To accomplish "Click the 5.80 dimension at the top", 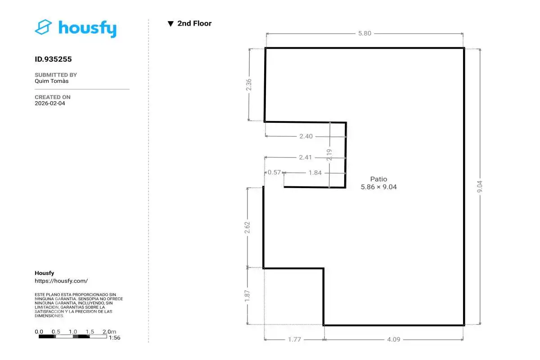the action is point(364,33).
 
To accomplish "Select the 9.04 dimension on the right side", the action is point(480,187).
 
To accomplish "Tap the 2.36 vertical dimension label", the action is point(248,85).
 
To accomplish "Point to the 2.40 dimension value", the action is point(306,136).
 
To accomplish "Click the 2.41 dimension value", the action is point(306,157).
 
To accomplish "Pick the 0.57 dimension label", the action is point(274,172).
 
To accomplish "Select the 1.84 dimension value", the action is point(315,173).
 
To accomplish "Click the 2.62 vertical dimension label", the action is point(247,227).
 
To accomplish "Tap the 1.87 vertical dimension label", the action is point(247,296).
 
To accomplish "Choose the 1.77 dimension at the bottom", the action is point(294,339).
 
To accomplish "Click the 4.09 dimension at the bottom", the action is point(394,339).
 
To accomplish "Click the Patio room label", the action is point(378,179).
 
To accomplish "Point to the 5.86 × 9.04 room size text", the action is point(378,187).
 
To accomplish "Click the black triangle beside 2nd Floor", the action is point(171,24).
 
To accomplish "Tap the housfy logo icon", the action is point(43,27).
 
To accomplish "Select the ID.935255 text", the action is point(53,59).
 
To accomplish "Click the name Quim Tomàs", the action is point(52,81).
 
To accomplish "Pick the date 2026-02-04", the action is point(50,103).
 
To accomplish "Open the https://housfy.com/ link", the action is point(61,281).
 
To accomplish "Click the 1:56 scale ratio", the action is point(114,337).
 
